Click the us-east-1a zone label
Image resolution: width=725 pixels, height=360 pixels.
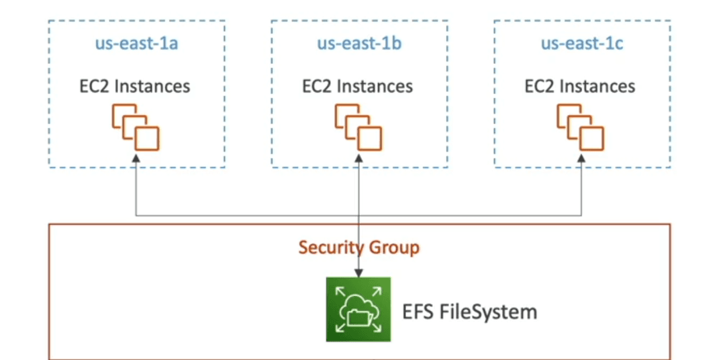(x=137, y=44)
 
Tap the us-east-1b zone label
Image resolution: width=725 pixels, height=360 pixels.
(x=359, y=44)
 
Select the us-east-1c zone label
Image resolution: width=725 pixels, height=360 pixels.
(x=582, y=44)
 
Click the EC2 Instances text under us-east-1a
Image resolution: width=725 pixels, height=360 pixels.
(x=134, y=87)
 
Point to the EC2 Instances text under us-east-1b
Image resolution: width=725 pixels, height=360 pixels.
(x=357, y=87)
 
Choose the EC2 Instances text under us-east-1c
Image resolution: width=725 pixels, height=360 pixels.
(x=580, y=87)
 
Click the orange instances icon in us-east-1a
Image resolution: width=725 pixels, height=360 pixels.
(x=136, y=127)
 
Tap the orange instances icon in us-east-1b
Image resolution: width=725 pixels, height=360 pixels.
(x=358, y=127)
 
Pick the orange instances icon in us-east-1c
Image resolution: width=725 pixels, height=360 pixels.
(x=580, y=127)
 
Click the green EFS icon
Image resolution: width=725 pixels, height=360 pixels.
(x=358, y=310)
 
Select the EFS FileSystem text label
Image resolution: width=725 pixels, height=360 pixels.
(x=469, y=312)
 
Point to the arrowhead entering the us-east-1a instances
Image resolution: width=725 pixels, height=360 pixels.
(x=136, y=159)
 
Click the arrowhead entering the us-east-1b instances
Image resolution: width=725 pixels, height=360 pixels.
(x=358, y=159)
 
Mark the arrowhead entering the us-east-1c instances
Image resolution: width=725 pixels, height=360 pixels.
(x=581, y=159)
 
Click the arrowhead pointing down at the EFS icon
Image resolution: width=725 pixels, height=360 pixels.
(x=358, y=273)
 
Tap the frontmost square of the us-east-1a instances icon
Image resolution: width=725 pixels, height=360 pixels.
(x=148, y=139)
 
